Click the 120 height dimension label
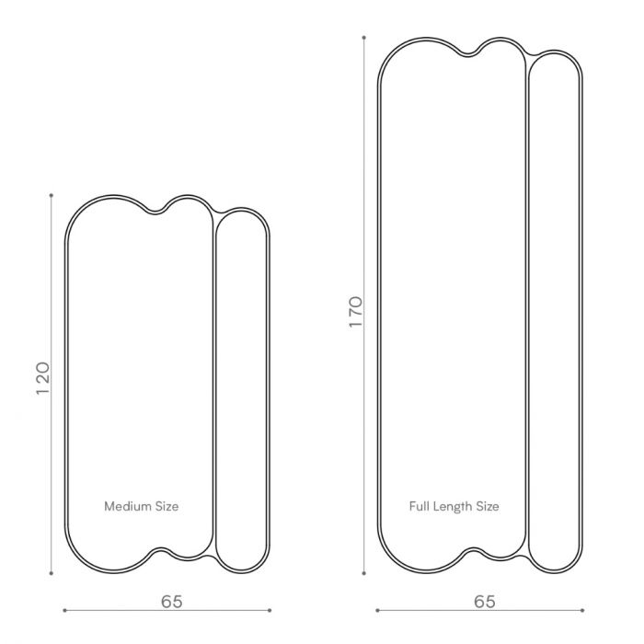pyautogui.click(x=42, y=378)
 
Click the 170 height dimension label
pyautogui.click(x=356, y=312)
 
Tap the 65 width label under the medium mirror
pyautogui.click(x=172, y=602)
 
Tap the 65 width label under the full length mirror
pyautogui.click(x=485, y=602)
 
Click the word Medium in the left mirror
pyautogui.click(x=128, y=506)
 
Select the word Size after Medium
pyautogui.click(x=167, y=506)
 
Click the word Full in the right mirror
pyautogui.click(x=419, y=506)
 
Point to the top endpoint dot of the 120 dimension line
pyautogui.click(x=52, y=195)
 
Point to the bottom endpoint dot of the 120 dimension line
pyautogui.click(x=52, y=573)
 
